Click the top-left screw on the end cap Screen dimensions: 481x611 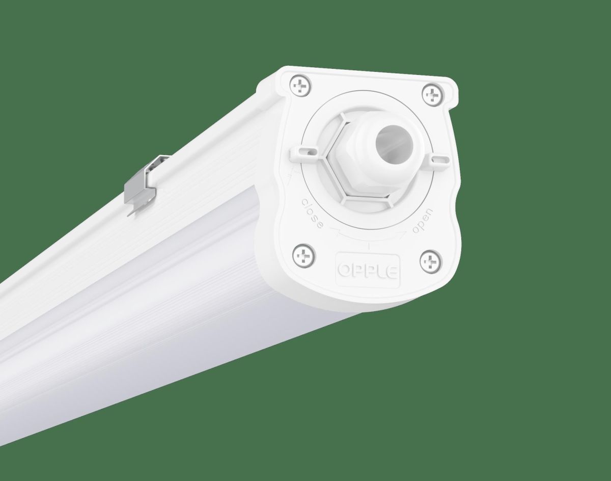[301, 87]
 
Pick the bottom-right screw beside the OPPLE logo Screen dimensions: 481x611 [429, 262]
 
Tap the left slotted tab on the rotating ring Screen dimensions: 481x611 [304, 151]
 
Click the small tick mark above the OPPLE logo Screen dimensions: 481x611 [368, 247]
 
